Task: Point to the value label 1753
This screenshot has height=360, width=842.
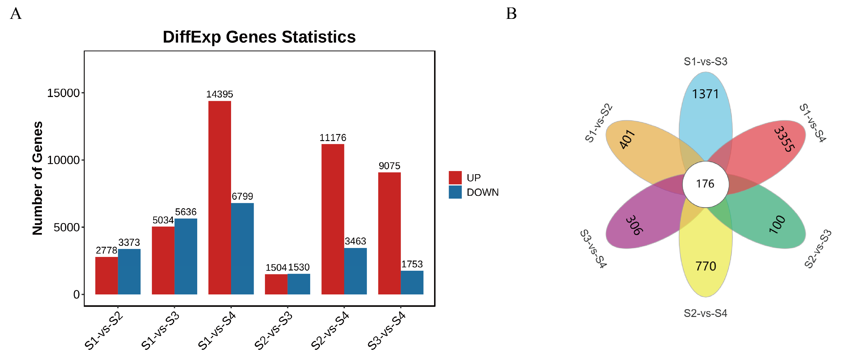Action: tap(412, 264)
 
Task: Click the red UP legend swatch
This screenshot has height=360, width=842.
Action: tap(455, 178)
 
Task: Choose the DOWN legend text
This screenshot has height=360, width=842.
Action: tap(482, 192)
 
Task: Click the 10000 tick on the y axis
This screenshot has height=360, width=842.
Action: tap(63, 160)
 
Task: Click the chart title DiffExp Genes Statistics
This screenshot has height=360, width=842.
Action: tap(259, 37)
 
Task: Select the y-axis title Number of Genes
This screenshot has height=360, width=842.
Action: tap(38, 178)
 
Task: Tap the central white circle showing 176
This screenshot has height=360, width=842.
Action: tap(705, 184)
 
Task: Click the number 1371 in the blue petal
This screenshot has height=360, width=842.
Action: tap(705, 94)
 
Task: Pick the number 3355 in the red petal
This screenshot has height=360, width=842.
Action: tap(784, 139)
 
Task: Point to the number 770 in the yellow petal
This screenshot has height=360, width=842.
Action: tap(705, 266)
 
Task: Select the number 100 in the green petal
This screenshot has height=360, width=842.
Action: tap(777, 224)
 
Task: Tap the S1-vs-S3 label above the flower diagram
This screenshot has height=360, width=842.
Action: tap(705, 61)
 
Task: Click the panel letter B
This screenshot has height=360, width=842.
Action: tap(511, 14)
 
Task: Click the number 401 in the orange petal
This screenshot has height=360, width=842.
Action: tap(627, 139)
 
